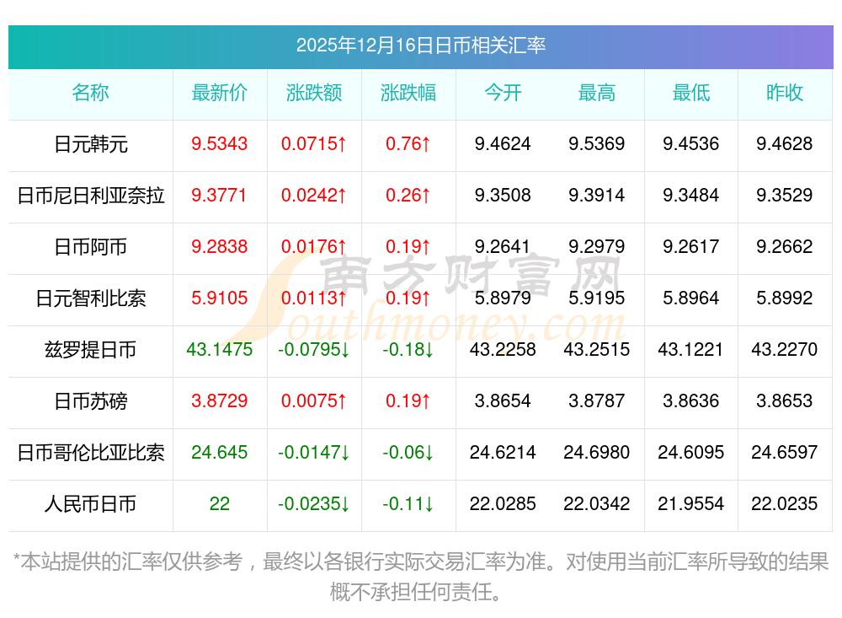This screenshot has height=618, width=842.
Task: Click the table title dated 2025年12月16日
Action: tap(420, 46)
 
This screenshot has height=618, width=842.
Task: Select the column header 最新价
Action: tap(220, 93)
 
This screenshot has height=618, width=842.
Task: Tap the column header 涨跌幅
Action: tap(408, 93)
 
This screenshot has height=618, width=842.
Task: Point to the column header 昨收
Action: tap(785, 93)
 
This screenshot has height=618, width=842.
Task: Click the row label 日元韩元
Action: tap(90, 144)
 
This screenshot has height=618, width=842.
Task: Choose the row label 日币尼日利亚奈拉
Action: tap(90, 196)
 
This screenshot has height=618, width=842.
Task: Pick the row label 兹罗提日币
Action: tap(90, 350)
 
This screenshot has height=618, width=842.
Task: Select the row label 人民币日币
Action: tap(90, 504)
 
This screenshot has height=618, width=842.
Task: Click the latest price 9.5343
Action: tap(220, 144)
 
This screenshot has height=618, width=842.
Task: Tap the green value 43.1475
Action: tap(220, 350)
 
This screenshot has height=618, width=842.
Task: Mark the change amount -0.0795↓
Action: tap(314, 350)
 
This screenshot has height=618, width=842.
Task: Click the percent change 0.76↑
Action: tap(408, 144)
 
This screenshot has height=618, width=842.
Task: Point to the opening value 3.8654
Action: tap(503, 401)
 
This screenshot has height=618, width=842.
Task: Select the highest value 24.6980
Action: tap(597, 453)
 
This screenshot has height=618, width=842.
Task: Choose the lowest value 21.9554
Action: tap(691, 504)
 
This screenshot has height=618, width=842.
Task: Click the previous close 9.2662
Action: tap(785, 247)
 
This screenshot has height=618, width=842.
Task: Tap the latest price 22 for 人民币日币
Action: tap(220, 504)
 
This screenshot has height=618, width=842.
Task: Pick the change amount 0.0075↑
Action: tap(314, 401)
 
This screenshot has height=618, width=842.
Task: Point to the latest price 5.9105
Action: tap(220, 298)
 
